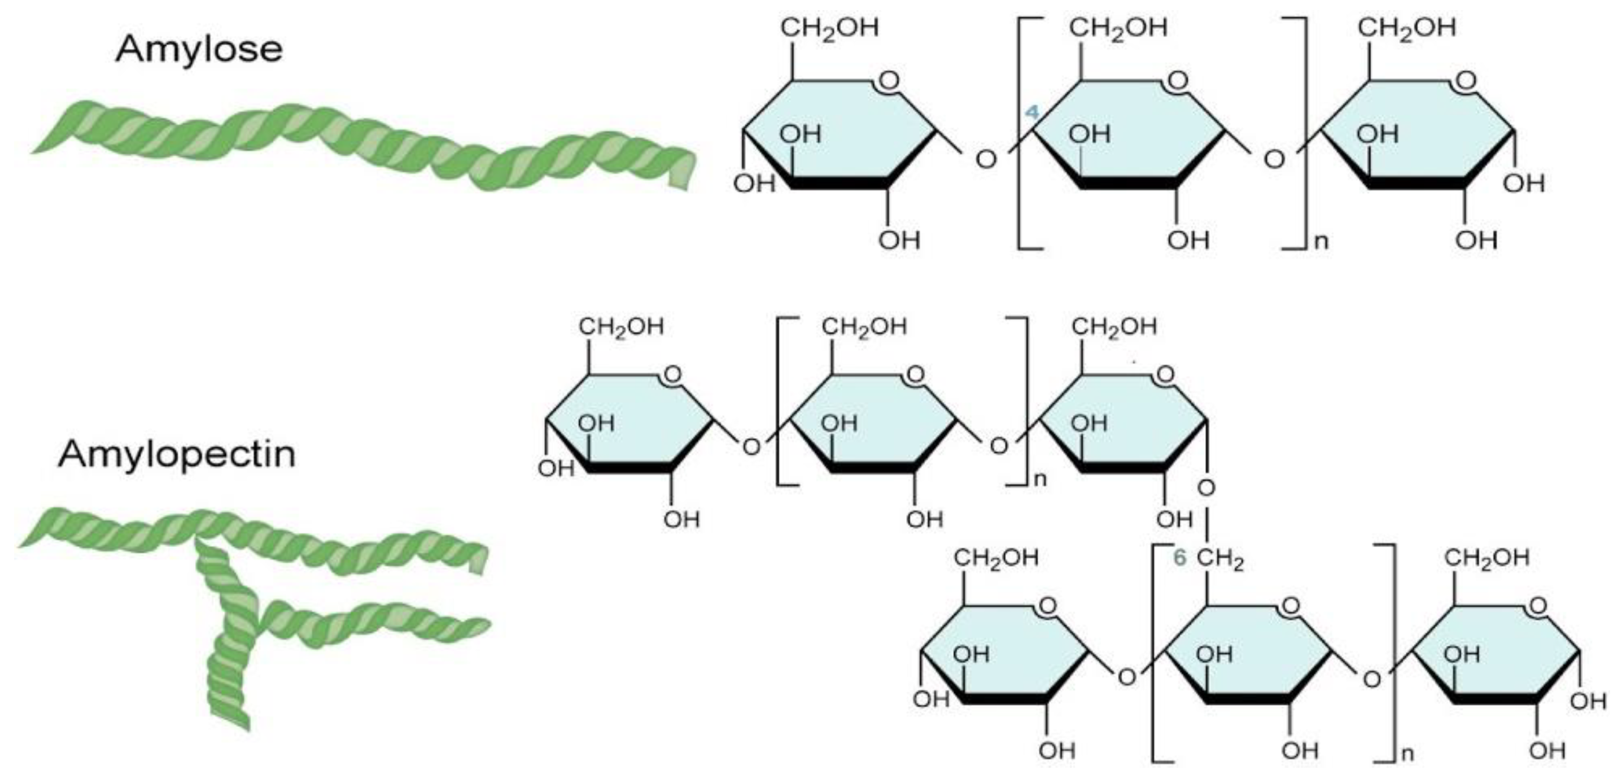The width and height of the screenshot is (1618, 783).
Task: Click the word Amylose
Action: [x=199, y=49]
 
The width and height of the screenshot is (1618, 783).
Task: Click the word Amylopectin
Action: [x=177, y=454]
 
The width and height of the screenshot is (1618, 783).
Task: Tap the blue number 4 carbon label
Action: [x=1032, y=113]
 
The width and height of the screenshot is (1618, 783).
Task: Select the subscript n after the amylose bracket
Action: [x=1322, y=241]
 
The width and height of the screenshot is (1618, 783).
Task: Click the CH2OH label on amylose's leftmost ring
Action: [x=829, y=28]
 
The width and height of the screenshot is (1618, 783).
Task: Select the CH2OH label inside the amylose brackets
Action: [x=1118, y=28]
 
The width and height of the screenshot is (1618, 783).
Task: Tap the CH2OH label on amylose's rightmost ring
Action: [x=1407, y=28]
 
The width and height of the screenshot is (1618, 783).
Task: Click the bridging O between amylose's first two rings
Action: [x=986, y=160]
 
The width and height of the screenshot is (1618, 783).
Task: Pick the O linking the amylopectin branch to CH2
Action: [x=1206, y=487]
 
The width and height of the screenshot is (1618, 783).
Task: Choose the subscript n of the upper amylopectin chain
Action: [x=1040, y=480]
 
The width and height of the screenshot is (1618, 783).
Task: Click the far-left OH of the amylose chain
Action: [x=754, y=183]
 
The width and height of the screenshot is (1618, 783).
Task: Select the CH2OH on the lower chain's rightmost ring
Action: [x=1486, y=558]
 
